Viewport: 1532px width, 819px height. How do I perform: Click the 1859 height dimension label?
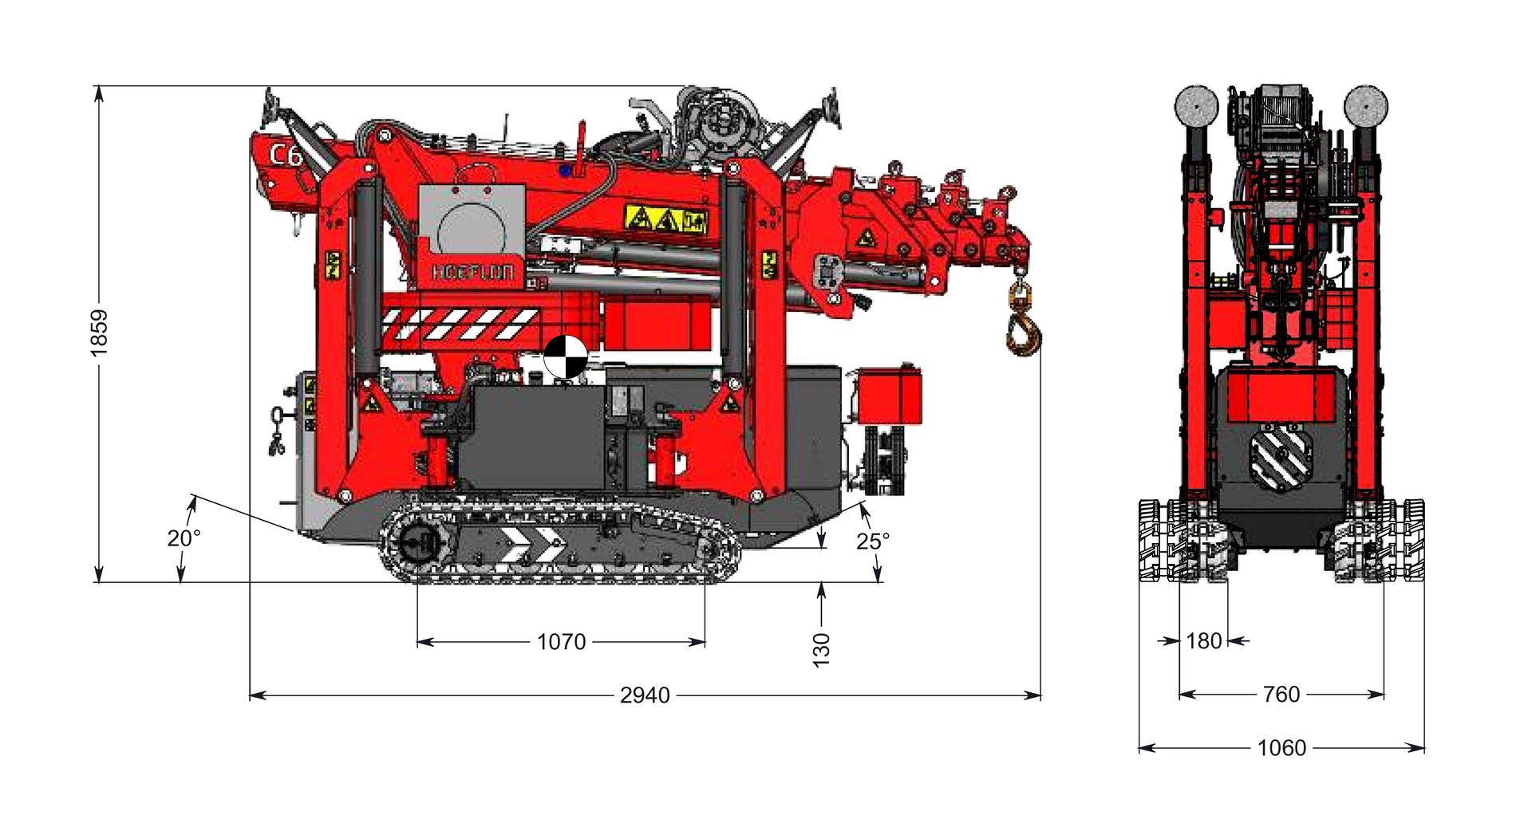[x=99, y=333]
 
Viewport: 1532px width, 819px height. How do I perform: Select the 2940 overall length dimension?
[x=645, y=695]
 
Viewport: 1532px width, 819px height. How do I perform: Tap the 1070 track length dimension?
[x=561, y=642]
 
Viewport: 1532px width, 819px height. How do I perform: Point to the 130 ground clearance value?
[x=821, y=649]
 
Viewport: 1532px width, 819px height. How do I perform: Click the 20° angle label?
[x=184, y=538]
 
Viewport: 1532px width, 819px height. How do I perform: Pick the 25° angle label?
[x=872, y=541]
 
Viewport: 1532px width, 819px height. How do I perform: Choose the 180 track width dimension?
[x=1204, y=641]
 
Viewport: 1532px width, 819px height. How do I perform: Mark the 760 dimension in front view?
[x=1281, y=695]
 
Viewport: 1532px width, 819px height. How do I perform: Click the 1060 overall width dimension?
[x=1281, y=748]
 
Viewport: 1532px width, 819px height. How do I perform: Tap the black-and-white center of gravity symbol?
[x=565, y=357]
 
